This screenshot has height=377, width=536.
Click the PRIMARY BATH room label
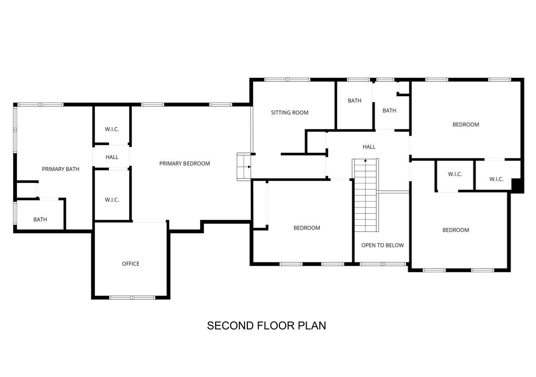[61, 169]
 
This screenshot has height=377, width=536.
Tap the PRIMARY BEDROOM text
[184, 164]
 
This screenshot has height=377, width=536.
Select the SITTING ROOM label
[290, 113]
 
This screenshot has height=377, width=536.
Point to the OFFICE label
[131, 264]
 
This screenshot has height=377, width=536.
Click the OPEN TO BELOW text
[382, 245]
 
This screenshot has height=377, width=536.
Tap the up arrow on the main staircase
[365, 161]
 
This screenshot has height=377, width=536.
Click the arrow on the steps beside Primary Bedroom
[249, 167]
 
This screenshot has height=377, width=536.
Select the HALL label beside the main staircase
[369, 147]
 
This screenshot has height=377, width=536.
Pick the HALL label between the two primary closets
[112, 157]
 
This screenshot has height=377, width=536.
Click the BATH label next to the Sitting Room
[354, 101]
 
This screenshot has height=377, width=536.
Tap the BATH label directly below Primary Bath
[40, 219]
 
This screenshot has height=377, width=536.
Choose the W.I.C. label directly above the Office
[112, 200]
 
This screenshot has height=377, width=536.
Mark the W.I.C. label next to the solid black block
[496, 179]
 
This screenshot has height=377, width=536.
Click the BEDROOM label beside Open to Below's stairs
[307, 228]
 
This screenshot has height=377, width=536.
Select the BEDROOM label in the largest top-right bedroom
[465, 125]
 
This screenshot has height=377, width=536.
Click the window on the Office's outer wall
[132, 297]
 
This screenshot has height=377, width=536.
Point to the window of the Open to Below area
[383, 264]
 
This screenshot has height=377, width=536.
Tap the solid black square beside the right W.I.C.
[518, 185]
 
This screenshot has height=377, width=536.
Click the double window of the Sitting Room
[287, 80]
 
